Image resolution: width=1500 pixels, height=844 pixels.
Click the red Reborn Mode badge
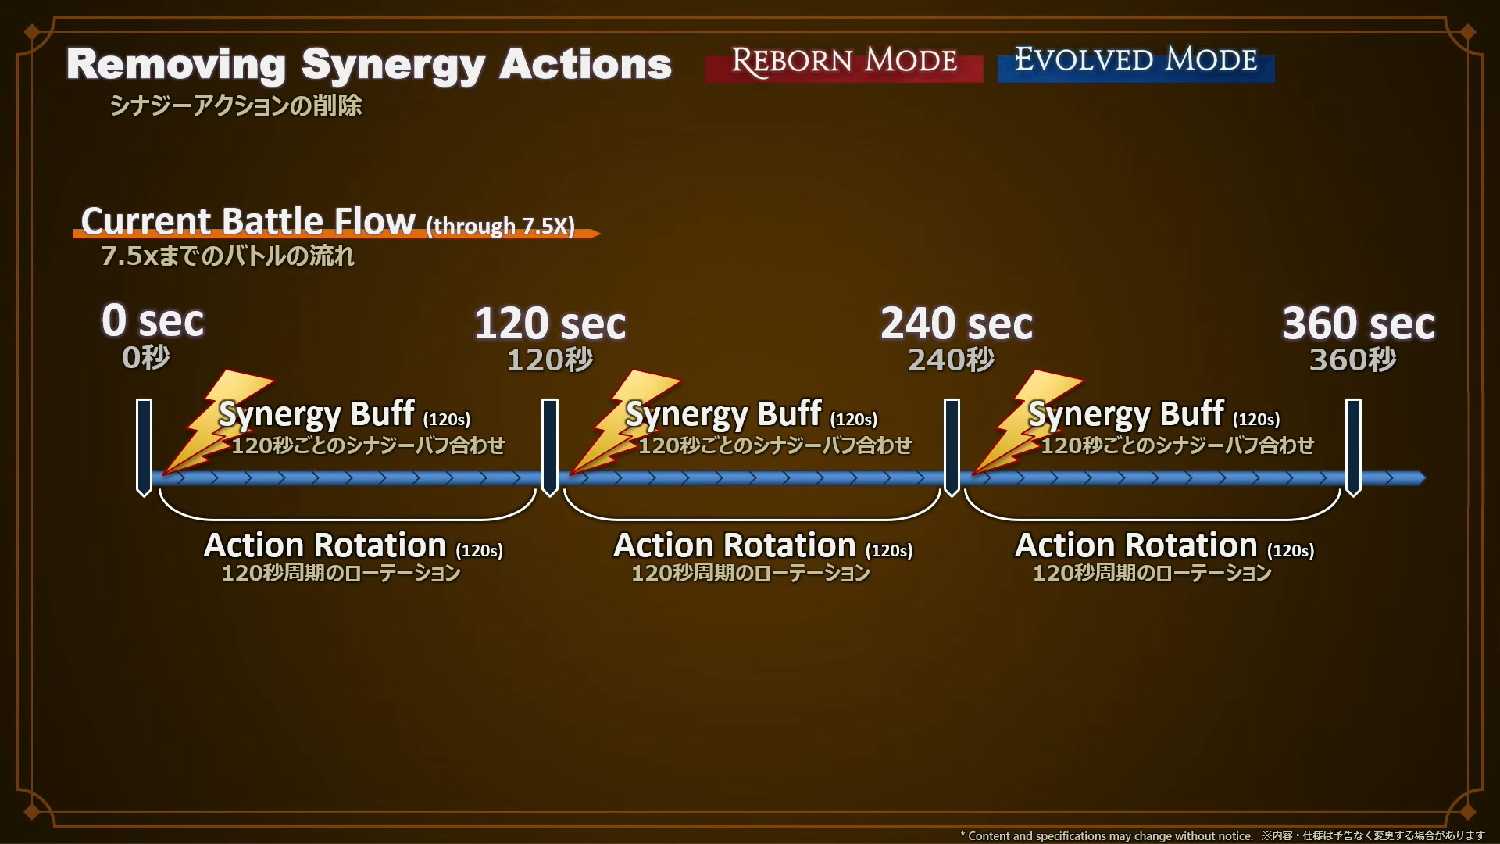tap(844, 63)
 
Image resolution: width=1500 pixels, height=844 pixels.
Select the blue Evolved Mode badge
tap(1136, 63)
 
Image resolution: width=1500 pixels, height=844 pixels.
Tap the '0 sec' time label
tap(153, 321)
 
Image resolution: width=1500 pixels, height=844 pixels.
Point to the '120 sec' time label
tap(550, 324)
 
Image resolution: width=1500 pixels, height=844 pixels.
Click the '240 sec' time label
tap(956, 324)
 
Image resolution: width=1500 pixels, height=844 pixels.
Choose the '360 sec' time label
tap(1359, 324)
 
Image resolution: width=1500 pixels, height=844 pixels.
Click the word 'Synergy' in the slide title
tap(393, 66)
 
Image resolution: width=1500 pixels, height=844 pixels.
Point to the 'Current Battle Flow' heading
tap(248, 222)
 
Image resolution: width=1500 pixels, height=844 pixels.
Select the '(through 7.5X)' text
tap(500, 226)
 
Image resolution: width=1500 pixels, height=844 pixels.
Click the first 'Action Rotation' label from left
tap(325, 545)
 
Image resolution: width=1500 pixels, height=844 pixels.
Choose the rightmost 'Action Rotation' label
tap(1136, 545)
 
